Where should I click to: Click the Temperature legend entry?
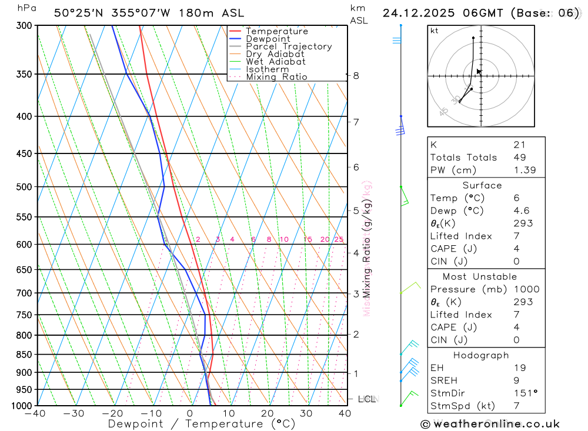click(276, 31)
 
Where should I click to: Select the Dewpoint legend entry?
click(268, 39)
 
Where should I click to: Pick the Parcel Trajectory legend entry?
click(288, 46)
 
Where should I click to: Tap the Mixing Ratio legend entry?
click(276, 77)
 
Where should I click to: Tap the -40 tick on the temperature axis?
click(36, 413)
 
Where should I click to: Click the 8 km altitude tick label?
click(356, 75)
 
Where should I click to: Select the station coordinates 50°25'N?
click(77, 13)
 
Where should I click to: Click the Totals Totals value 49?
click(519, 158)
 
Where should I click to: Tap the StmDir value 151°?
click(524, 393)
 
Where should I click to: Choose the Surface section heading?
click(482, 185)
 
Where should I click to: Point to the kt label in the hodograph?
click(434, 31)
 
